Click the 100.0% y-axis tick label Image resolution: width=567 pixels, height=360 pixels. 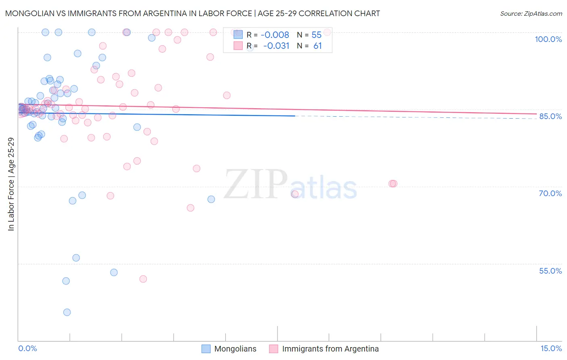[x=548, y=39]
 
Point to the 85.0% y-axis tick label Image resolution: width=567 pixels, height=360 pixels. [x=550, y=116]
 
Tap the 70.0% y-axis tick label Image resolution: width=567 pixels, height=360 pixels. [x=550, y=193]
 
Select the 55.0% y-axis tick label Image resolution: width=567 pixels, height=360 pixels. [x=550, y=271]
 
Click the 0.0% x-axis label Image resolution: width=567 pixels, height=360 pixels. [x=27, y=348]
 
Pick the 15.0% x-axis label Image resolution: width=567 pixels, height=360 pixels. [x=551, y=348]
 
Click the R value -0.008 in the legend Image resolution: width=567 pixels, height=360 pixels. [x=275, y=35]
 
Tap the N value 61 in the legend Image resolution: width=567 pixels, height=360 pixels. [x=317, y=46]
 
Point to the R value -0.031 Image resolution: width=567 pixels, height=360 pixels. [x=276, y=46]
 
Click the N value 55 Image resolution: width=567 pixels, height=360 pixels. [x=317, y=35]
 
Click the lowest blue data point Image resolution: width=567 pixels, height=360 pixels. [x=67, y=312]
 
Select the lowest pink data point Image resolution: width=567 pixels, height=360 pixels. [x=143, y=279]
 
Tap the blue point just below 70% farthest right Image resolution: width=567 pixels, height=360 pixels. [x=211, y=199]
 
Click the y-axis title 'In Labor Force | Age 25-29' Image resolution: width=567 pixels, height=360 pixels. [x=11, y=184]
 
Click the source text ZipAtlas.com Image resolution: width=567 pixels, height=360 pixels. [x=531, y=13]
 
